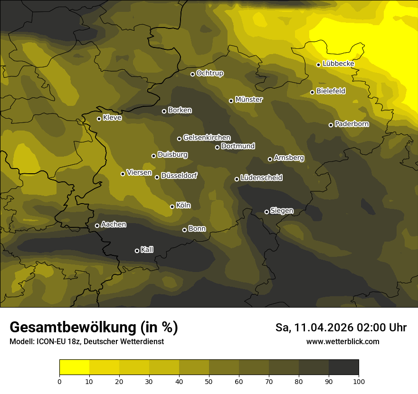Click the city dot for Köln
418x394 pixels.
coord(172,206)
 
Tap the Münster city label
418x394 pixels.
coord(249,100)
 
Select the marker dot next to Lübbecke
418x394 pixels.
coord(318,65)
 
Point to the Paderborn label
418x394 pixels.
coord(352,124)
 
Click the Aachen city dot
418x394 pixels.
coord(97,225)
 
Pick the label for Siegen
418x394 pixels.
coord(282,211)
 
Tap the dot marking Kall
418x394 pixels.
coord(137,251)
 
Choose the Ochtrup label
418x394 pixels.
coord(209,73)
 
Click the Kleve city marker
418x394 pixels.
coord(99,119)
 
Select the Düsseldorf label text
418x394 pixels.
coord(179,176)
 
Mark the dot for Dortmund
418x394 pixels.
coord(217,147)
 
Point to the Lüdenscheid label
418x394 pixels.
coord(261,178)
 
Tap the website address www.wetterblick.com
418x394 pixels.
coord(343,341)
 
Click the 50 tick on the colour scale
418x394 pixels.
coord(209,381)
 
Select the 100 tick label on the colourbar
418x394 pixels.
coord(359,381)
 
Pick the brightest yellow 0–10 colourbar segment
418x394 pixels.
coord(74,367)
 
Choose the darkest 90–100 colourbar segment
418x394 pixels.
coord(343,367)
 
